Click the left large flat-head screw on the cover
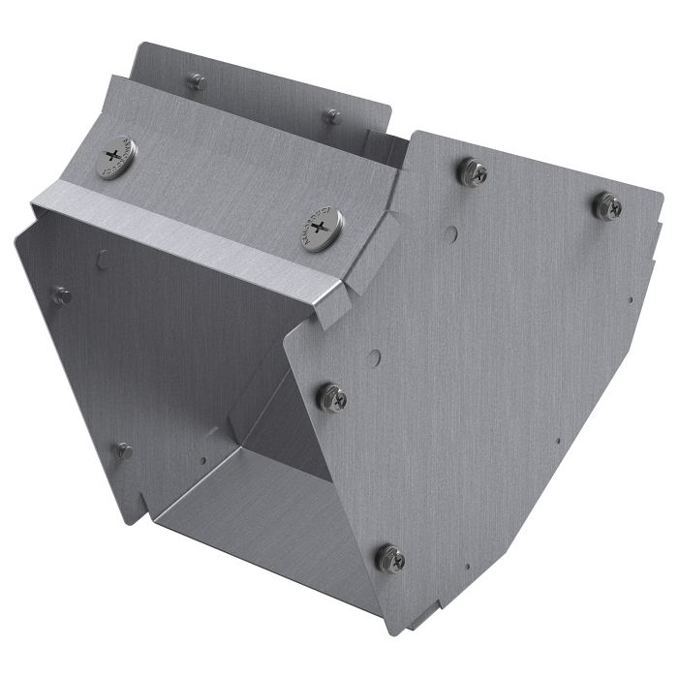[116, 158]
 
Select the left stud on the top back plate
[196, 82]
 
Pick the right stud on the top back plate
[332, 116]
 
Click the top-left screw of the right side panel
[473, 172]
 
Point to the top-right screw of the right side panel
[607, 205]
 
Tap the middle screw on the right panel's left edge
[332, 396]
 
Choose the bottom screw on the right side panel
[390, 557]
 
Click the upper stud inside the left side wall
[62, 296]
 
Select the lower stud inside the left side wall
[123, 450]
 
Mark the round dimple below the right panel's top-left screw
[451, 233]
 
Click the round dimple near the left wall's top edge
[103, 259]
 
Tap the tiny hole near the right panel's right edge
[631, 299]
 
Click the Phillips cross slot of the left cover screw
[116, 155]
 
